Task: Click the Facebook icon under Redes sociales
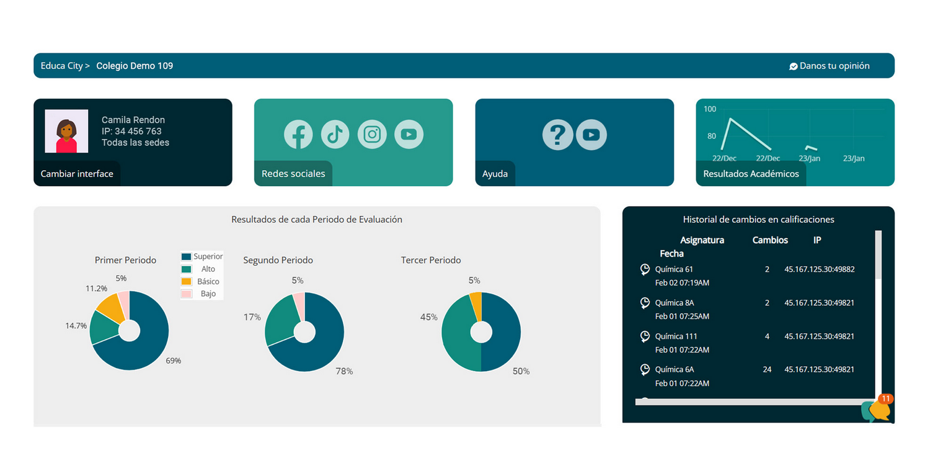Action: point(298,134)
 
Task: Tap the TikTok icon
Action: point(335,134)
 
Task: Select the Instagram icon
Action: point(372,134)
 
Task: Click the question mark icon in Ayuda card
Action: point(557,135)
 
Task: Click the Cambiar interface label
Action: point(77,174)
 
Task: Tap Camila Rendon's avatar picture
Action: point(66,131)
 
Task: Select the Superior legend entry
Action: point(201,256)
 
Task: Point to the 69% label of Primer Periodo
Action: point(173,361)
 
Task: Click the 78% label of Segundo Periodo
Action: point(344,371)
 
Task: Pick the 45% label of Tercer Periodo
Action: point(428,317)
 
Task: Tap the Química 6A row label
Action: point(674,369)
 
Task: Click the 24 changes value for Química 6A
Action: point(767,369)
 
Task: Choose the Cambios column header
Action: point(770,240)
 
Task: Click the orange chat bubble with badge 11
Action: point(879,410)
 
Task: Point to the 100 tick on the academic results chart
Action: point(710,109)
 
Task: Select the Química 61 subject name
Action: point(674,269)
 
